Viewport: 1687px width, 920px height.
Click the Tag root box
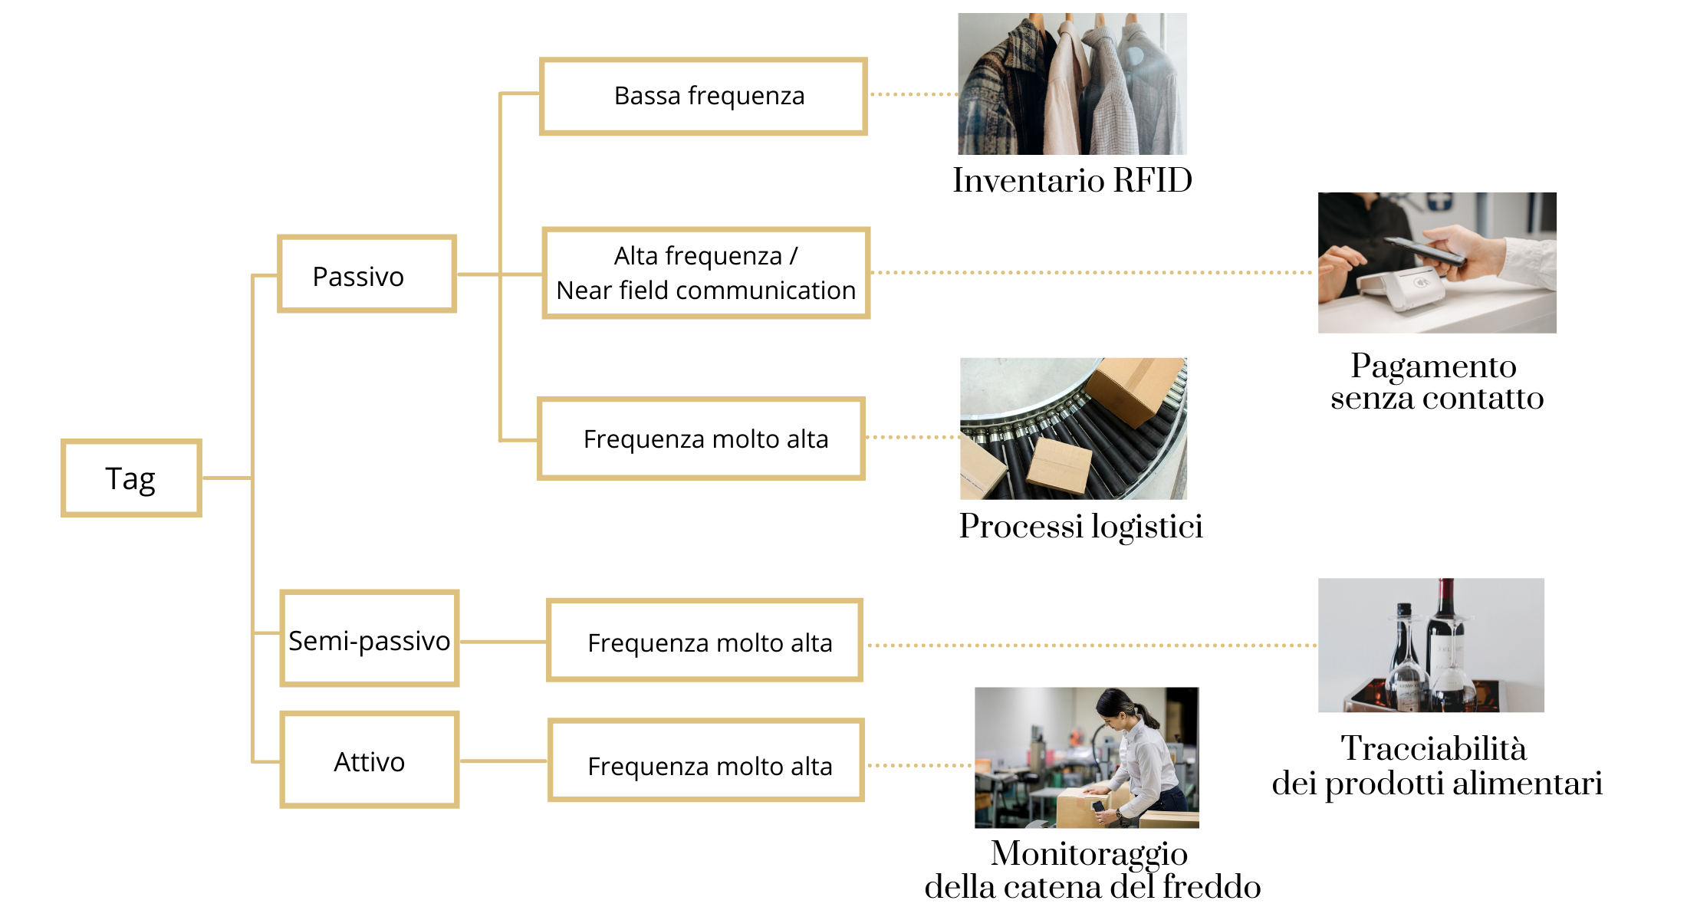(x=131, y=478)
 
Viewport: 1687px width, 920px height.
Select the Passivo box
(x=367, y=274)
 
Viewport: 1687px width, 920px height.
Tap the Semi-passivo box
(x=369, y=639)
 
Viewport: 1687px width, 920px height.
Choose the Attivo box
(x=369, y=760)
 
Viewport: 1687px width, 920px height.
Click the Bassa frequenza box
(x=703, y=97)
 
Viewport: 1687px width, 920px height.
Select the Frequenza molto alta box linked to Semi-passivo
(x=704, y=641)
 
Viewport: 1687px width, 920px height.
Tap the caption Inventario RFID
(x=1072, y=181)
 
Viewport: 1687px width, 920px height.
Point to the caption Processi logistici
(x=1080, y=527)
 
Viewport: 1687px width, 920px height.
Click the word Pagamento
(x=1433, y=366)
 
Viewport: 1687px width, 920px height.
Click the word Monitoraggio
(x=1089, y=853)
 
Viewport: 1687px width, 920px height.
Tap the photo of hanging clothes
(x=1072, y=84)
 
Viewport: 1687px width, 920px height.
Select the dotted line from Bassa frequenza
(x=913, y=94)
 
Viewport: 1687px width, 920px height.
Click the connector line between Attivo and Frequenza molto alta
(x=503, y=761)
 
